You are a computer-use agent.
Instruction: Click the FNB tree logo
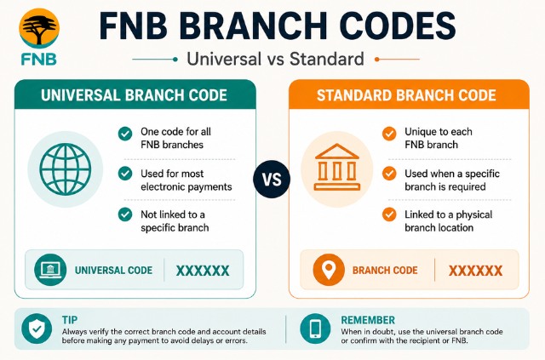coord(39,28)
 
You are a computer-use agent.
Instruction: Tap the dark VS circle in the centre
coord(272,180)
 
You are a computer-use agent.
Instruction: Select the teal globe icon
coord(66,169)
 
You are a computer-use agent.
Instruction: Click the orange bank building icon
coord(337,167)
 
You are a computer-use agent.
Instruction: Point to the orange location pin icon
coord(329,270)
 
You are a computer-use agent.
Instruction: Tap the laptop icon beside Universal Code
coord(50,270)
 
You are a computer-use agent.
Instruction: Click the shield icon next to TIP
coord(37,329)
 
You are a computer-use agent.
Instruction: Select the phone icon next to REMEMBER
coord(315,329)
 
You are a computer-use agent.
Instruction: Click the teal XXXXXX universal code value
coord(203,271)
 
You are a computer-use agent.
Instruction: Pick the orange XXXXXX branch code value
coord(475,271)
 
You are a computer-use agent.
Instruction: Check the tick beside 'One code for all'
coord(125,134)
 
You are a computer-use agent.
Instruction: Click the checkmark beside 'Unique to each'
coord(389,134)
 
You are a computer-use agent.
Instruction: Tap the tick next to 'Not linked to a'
coord(125,214)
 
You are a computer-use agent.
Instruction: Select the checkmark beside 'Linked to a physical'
coord(389,214)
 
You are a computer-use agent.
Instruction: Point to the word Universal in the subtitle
coord(225,59)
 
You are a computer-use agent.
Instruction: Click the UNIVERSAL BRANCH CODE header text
coord(134,95)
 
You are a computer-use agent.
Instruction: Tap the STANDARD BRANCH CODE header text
coord(406,95)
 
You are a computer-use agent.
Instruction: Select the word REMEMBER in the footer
coord(368,320)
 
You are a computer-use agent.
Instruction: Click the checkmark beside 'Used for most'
coord(125,174)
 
